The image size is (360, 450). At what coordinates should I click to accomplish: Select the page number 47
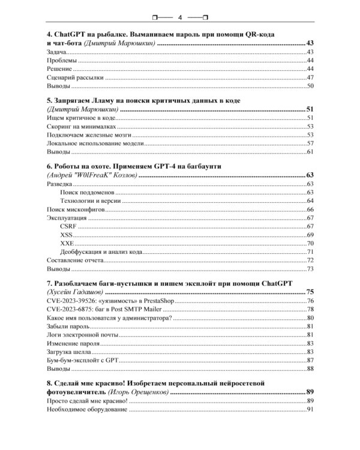[310, 77]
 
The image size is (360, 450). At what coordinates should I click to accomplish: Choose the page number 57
[310, 143]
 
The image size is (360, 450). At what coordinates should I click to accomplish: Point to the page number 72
[310, 260]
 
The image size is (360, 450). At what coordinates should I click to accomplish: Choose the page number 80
[310, 317]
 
